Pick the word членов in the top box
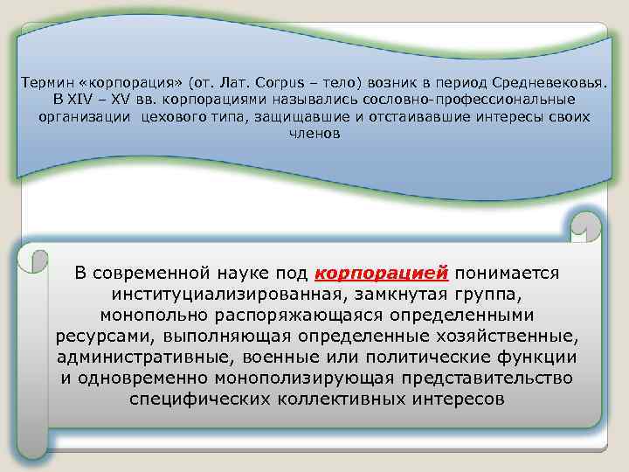pyautogui.click(x=314, y=135)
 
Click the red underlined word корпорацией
pyautogui.click(x=380, y=273)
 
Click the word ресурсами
pyautogui.click(x=96, y=336)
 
